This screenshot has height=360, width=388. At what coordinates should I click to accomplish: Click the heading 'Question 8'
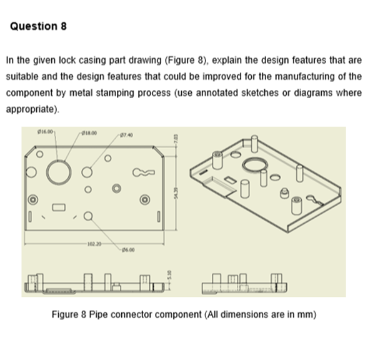tap(39, 27)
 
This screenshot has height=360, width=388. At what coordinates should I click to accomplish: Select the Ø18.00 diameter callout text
tap(87, 131)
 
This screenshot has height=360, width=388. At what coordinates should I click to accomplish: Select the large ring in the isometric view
tap(257, 164)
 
